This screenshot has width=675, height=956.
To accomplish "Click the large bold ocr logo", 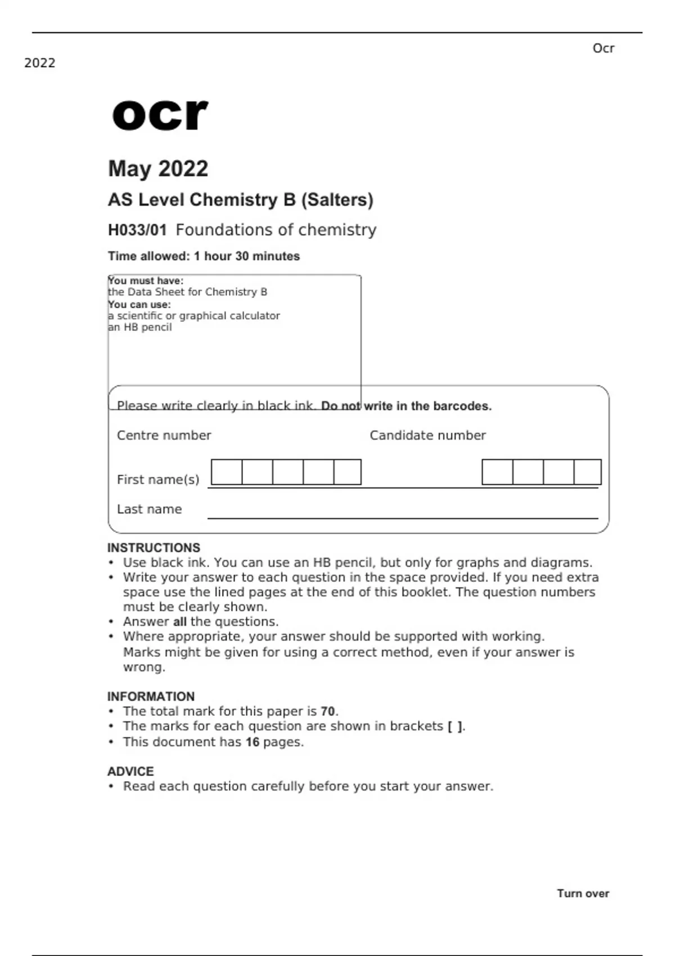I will (160, 115).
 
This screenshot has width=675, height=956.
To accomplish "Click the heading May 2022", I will (158, 169).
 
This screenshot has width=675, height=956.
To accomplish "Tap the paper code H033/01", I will (137, 230).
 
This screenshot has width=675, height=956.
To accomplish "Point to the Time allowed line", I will (204, 256).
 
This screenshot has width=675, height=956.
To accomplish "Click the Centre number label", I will (164, 435).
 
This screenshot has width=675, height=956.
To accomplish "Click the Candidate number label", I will (427, 435).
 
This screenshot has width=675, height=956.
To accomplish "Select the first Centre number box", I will (227, 472).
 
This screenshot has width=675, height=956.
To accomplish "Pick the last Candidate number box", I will (587, 472).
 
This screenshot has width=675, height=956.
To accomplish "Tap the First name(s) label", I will (158, 480).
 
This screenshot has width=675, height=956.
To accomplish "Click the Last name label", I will (149, 509).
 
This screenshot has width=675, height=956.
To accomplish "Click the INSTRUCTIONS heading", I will (154, 548).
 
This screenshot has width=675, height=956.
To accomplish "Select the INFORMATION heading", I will (151, 696).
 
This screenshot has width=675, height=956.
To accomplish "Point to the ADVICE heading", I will (130, 771).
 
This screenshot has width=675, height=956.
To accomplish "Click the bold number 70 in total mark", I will (328, 711).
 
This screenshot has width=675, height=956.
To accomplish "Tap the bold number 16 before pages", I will (253, 742).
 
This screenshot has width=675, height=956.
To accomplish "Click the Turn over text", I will (583, 894).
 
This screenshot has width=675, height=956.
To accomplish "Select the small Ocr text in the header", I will (603, 48).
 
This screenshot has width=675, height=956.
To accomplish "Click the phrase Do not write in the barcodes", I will (406, 406).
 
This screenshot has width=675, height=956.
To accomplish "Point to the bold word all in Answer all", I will (179, 622).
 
